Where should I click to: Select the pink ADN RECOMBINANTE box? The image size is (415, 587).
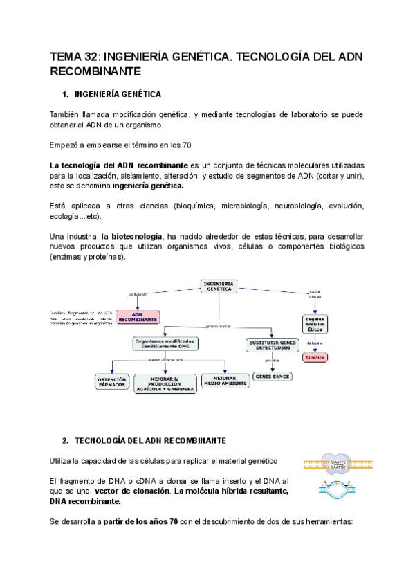(138, 317)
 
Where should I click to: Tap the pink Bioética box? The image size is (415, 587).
(315, 357)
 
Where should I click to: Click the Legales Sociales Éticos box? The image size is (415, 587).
(315, 323)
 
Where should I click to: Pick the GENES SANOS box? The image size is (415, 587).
(273, 377)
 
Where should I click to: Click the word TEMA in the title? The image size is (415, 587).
(68, 56)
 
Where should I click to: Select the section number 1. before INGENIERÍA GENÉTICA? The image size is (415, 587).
(66, 93)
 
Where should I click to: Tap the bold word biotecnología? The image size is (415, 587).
(137, 236)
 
